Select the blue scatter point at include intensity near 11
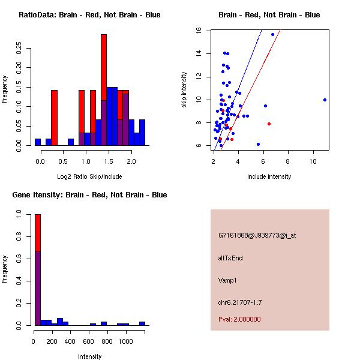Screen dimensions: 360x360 click(x=325, y=100)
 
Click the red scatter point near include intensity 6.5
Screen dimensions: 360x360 click(x=269, y=124)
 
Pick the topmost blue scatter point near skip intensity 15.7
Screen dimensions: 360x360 click(x=272, y=34)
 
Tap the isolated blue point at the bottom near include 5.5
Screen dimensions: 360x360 click(x=258, y=144)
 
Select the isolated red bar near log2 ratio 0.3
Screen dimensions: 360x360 click(x=54, y=117)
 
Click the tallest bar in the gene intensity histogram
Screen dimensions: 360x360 click(x=37, y=270)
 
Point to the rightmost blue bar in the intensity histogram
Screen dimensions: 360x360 click(x=142, y=323)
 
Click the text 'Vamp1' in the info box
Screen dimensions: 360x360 click(x=228, y=280)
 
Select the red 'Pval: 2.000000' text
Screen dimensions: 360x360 click(x=239, y=319)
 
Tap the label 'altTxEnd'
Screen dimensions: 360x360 click(x=230, y=258)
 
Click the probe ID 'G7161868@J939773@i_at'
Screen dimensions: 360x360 click(x=257, y=235)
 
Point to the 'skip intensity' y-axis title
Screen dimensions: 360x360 click(x=184, y=90)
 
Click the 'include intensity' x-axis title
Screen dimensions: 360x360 click(x=269, y=176)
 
